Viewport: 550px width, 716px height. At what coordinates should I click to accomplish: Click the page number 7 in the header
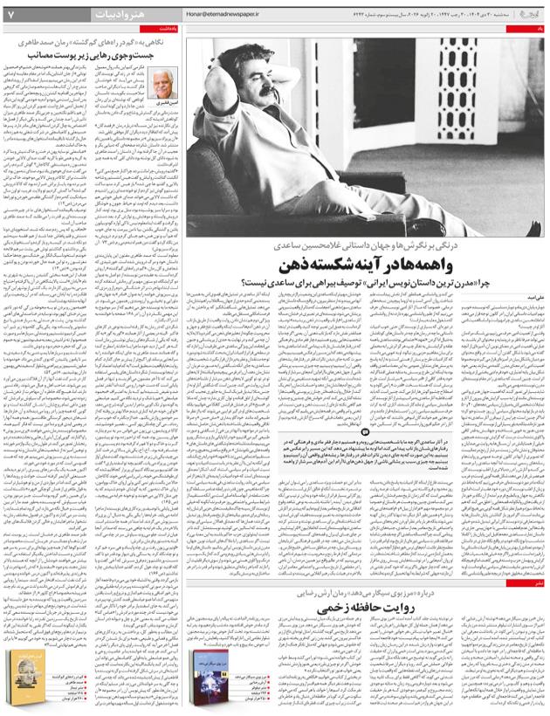click(x=10, y=14)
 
